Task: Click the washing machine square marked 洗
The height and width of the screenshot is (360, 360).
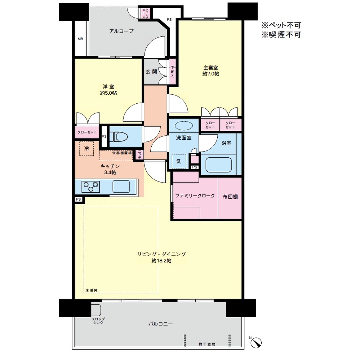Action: pyautogui.click(x=179, y=161)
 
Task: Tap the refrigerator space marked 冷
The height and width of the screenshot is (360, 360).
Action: pyautogui.click(x=86, y=148)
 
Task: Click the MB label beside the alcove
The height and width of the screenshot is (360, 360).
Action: pyautogui.click(x=80, y=39)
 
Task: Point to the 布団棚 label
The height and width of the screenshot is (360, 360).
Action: pyautogui.click(x=230, y=196)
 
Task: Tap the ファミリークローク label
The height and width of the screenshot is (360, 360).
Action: pyautogui.click(x=195, y=196)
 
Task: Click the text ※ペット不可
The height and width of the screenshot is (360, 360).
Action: pyautogui.click(x=281, y=26)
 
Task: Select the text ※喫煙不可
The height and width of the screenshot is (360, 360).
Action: pyautogui.click(x=281, y=35)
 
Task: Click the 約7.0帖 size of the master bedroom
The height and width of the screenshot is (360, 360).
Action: pyautogui.click(x=211, y=74)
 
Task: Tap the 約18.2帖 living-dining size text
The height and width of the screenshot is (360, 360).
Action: pyautogui.click(x=161, y=261)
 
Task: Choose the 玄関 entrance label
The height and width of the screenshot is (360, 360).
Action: pyautogui.click(x=151, y=72)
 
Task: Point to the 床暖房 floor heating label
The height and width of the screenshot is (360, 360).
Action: pyautogui.click(x=91, y=290)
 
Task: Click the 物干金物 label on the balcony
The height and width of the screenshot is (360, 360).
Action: pyautogui.click(x=207, y=344)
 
